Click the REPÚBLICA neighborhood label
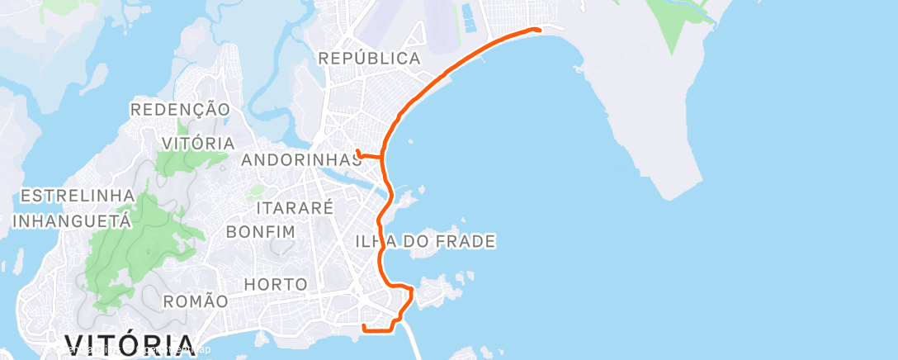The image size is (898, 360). click(369, 59)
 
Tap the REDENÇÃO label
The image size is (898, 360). click(179, 109)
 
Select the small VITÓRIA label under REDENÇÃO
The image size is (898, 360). click(198, 143)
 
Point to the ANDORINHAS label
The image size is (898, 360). click(301, 160)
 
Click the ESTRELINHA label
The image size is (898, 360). click(78, 196)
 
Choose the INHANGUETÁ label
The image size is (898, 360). click(72, 221)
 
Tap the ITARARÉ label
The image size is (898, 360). click(295, 207)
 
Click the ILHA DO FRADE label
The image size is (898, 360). click(424, 242)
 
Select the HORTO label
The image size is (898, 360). click(276, 285)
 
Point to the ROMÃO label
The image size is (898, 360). click(194, 301)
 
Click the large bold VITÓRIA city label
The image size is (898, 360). click(130, 345)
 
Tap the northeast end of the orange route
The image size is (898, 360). click(539, 30)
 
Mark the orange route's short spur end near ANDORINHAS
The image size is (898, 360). click(358, 150)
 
